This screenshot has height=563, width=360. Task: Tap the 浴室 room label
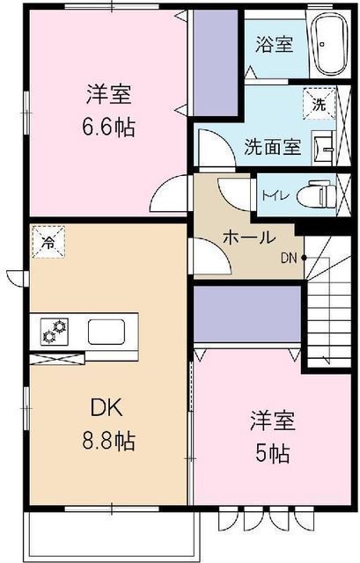tap(275, 45)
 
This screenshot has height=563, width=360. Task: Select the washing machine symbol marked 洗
tap(319, 104)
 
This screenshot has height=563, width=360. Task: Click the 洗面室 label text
tap(272, 147)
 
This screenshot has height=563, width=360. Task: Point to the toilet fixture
tap(317, 195)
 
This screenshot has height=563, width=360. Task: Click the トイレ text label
tap(275, 196)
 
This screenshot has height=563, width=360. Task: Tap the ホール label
tap(249, 238)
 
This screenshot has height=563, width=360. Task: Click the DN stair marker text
tap(289, 258)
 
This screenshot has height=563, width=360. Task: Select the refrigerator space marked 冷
tap(48, 242)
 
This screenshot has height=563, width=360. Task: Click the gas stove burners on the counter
tap(55, 332)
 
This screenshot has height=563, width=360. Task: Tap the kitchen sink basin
tap(107, 332)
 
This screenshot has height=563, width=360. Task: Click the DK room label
tap(107, 408)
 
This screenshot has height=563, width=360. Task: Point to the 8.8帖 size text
tap(109, 441)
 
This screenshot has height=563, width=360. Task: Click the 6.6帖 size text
tap(109, 127)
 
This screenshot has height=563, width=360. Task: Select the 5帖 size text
tap(272, 455)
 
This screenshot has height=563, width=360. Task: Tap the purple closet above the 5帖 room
tap(246, 314)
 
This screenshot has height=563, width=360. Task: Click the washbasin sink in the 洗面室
tap(324, 148)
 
